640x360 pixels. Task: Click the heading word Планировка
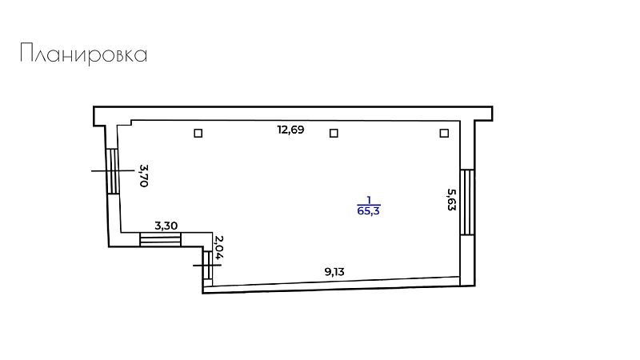click(84, 54)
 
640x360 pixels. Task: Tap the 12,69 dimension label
click(290, 130)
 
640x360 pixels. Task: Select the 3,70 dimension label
click(143, 175)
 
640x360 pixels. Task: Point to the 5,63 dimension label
click(451, 199)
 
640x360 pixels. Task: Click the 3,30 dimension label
click(166, 226)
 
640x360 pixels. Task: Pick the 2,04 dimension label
click(219, 247)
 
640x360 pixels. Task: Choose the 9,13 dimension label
click(334, 272)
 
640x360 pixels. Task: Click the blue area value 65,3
click(369, 211)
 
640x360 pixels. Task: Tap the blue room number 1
click(369, 200)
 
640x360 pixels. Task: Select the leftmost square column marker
click(198, 133)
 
